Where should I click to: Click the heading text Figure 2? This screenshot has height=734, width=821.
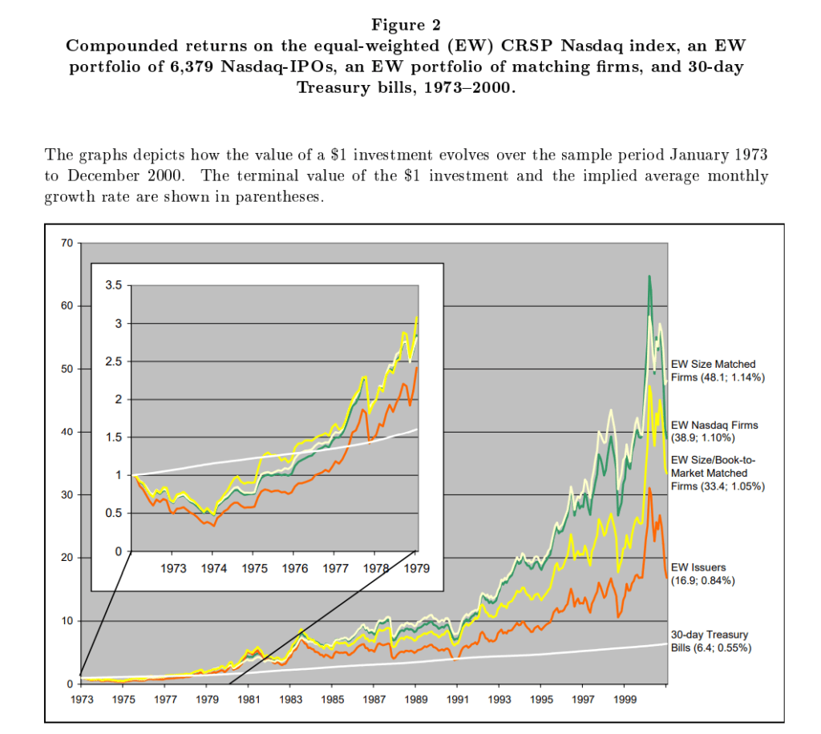click(410, 26)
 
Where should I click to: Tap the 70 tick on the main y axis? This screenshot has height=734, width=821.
click(67, 243)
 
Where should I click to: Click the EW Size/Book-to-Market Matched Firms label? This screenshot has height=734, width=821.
click(716, 473)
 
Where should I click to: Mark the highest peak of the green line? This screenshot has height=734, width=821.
click(649, 276)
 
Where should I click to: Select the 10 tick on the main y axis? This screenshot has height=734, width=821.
click(67, 621)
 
